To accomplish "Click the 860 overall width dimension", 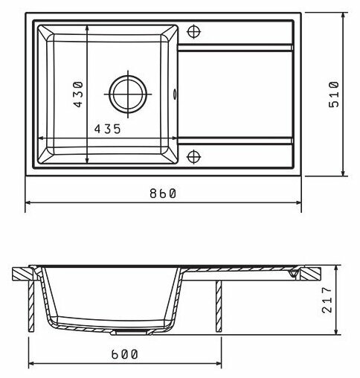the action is (x=163, y=193).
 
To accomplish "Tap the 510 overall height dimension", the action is (x=334, y=94).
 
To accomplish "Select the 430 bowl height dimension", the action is (x=78, y=94).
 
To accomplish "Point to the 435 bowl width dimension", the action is (x=107, y=129).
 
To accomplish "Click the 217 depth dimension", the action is (x=327, y=300).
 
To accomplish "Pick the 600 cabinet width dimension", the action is (x=124, y=354).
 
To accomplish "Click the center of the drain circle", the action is (x=128, y=94).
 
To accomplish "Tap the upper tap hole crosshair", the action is (x=193, y=31).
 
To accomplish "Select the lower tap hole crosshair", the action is (x=193, y=157).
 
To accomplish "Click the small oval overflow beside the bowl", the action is (x=175, y=94).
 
